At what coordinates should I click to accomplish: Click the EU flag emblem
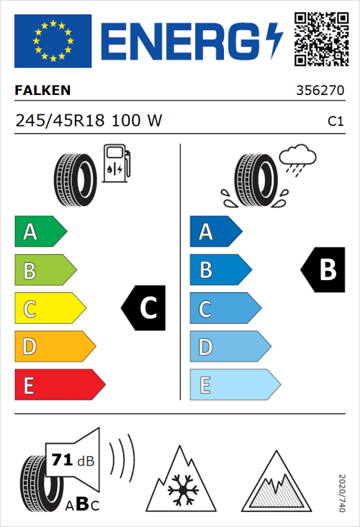click(53, 41)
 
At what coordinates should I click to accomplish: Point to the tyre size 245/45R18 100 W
click(89, 121)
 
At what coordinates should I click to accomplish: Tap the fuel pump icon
click(117, 163)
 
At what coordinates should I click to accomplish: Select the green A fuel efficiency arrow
click(40, 232)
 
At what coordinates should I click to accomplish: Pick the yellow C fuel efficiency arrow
click(50, 309)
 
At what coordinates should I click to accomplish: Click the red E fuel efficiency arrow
click(59, 385)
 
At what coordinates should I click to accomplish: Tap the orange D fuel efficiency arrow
click(55, 347)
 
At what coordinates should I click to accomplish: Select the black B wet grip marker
click(323, 269)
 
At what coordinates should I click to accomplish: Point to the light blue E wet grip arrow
click(234, 385)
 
